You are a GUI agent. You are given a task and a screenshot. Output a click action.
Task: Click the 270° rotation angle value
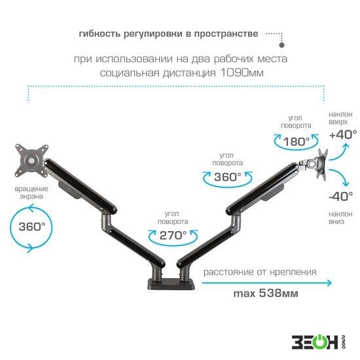(173, 236)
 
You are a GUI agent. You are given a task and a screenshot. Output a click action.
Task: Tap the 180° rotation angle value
(296, 141)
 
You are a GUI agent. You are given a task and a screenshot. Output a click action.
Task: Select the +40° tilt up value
(343, 135)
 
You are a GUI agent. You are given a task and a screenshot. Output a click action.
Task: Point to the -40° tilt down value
(341, 196)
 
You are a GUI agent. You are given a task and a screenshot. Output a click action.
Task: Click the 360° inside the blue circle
(32, 226)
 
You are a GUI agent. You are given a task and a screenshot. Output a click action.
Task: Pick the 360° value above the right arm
(228, 177)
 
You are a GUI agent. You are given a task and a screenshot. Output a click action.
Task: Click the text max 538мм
(266, 293)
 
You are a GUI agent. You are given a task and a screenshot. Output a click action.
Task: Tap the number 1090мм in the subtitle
(242, 73)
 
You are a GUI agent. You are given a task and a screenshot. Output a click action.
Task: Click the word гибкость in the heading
(99, 34)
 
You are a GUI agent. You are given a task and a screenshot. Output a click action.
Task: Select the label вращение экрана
(31, 192)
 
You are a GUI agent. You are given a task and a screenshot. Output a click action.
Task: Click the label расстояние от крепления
(260, 272)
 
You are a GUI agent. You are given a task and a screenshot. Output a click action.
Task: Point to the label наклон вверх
(340, 118)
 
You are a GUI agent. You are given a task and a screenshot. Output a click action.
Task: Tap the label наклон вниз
(340, 217)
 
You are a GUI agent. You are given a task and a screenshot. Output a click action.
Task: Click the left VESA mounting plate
(31, 160)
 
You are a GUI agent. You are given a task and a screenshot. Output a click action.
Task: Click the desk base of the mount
(171, 284)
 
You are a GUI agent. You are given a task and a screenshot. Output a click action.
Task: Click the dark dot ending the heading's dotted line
(281, 45)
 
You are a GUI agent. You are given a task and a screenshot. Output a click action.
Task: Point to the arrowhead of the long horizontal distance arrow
(329, 283)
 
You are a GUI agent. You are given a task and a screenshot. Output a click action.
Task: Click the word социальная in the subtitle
(130, 73)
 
